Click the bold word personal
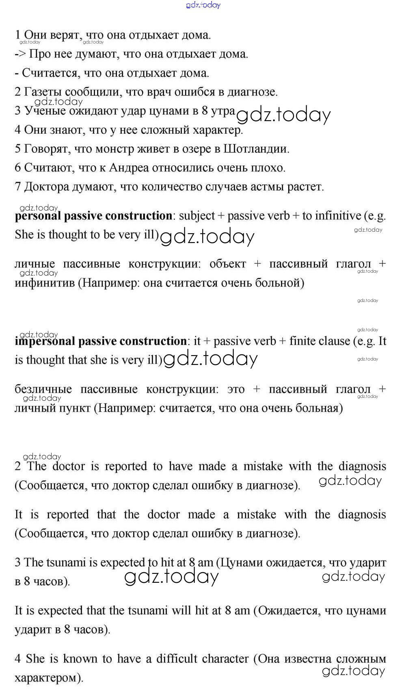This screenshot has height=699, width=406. pyautogui.click(x=38, y=216)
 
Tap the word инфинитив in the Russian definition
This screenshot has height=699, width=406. pyautogui.click(x=45, y=283)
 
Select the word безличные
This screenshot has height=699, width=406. pyautogui.click(x=43, y=389)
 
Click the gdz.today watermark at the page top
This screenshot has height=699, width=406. pyautogui.click(x=203, y=5)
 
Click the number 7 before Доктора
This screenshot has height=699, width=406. pyautogui.click(x=17, y=187)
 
